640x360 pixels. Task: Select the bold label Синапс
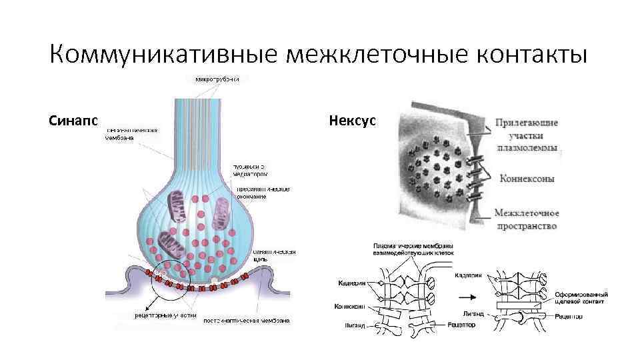[x=73, y=121]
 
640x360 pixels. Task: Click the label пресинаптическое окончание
[x=263, y=193]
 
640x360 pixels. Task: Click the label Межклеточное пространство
[x=527, y=220]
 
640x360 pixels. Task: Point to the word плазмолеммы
[x=527, y=148]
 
